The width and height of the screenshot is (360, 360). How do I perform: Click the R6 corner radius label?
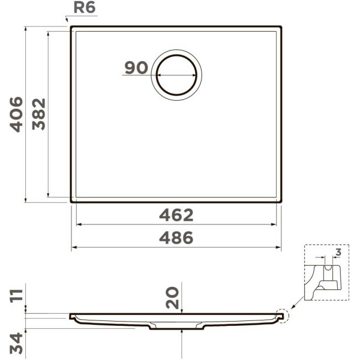click(83, 8)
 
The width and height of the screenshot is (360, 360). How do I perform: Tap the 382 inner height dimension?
click(39, 114)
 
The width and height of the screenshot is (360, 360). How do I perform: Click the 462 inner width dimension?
click(176, 215)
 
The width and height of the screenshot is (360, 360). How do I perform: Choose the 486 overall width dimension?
click(176, 238)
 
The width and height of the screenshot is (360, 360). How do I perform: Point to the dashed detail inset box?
click(326, 271)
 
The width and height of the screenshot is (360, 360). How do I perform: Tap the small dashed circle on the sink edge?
click(280, 315)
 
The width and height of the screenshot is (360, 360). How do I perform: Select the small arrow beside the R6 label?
click(67, 20)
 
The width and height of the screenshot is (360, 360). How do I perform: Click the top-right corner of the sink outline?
click(281, 27)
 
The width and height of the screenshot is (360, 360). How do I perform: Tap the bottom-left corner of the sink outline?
click(71, 202)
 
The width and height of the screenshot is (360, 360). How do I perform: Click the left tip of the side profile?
click(70, 315)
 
